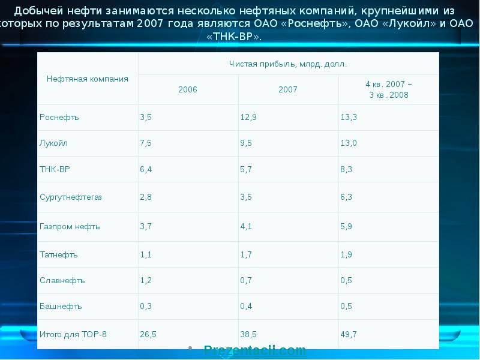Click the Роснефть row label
point(59,117)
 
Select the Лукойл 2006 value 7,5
point(146,143)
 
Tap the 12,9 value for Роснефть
point(248,117)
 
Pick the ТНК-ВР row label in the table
point(55,169)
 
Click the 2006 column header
point(188,89)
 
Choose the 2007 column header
point(288,89)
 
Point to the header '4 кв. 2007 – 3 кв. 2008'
point(389,89)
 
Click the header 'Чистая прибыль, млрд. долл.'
point(288,64)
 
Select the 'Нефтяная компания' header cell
point(88,79)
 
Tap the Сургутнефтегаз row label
point(71,197)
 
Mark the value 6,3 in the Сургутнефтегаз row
point(346,197)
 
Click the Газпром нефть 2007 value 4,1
point(246,226)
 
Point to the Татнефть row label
point(59,254)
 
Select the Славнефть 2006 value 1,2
point(146,280)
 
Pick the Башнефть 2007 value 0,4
point(246,306)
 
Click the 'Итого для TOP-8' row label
point(73,334)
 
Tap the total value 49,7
point(349,334)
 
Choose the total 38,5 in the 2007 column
point(248,334)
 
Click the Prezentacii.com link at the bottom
point(255,350)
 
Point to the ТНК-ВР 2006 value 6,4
point(146,169)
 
